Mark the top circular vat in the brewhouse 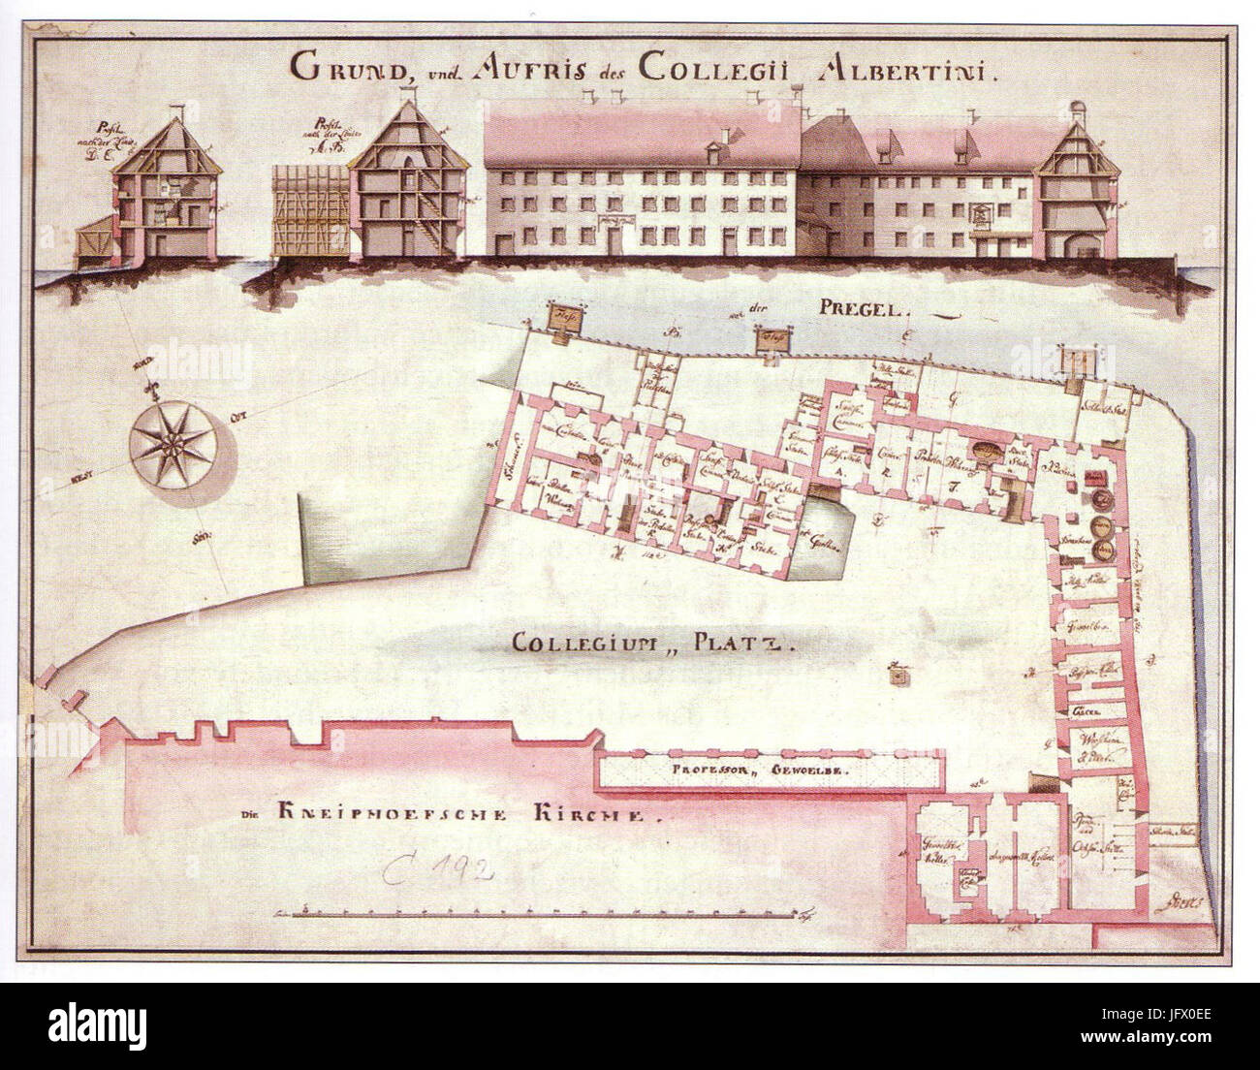1101,501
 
